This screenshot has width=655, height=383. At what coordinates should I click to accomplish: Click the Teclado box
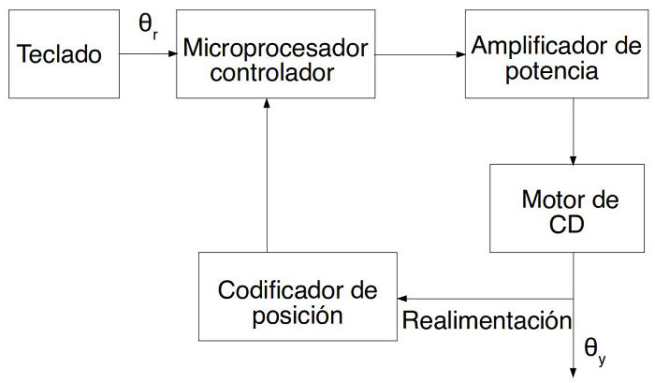(59, 54)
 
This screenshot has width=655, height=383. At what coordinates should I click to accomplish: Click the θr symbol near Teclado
(149, 27)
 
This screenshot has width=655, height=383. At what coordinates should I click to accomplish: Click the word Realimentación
(487, 320)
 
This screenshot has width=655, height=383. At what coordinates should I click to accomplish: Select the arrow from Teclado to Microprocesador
(148, 54)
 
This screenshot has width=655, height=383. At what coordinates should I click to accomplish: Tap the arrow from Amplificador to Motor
(573, 131)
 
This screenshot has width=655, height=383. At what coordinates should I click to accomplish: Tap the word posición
(297, 315)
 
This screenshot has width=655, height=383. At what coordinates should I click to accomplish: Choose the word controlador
(271, 71)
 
